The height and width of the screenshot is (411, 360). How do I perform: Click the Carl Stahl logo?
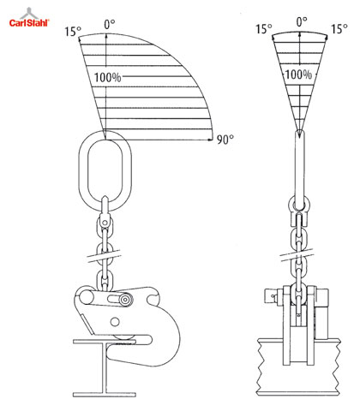[x=29, y=18]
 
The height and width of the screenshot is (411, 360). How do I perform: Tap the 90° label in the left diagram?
[x=225, y=139]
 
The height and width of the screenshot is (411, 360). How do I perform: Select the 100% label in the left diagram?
[x=108, y=77]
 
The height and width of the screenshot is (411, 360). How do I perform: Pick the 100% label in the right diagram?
[x=298, y=74]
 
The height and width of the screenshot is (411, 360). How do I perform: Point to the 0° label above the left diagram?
[x=110, y=24]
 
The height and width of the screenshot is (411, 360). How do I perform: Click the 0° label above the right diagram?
[x=302, y=21]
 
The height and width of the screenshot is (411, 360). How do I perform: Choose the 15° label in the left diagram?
[x=73, y=31]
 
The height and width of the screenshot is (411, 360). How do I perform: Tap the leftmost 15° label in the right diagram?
[x=264, y=29]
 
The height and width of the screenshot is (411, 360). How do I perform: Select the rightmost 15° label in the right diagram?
[x=339, y=29]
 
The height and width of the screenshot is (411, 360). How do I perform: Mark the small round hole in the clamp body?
[x=115, y=322]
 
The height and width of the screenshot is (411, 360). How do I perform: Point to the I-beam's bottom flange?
[x=105, y=395]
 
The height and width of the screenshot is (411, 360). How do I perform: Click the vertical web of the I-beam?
[x=105, y=368]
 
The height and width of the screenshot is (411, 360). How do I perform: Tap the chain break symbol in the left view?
[x=104, y=255]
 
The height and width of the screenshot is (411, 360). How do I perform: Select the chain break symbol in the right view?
[x=297, y=255]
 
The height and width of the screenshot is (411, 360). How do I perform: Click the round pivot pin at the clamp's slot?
[x=125, y=300]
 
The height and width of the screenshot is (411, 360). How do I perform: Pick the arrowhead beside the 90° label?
[x=211, y=140]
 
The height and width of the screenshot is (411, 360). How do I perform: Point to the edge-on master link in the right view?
[x=299, y=170]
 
